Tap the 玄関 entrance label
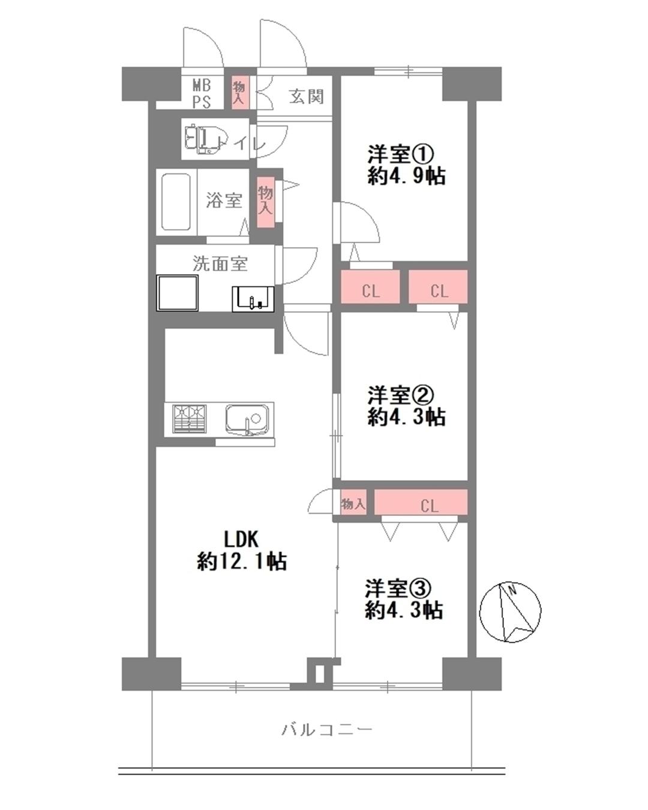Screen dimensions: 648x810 [307, 97]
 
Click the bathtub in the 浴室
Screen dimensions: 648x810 [175, 202]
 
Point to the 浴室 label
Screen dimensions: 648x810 [224, 200]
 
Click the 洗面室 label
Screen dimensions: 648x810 [220, 263]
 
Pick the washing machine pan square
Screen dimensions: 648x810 [178, 293]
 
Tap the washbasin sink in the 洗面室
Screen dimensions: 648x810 [253, 299]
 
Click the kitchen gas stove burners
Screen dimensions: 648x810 [190, 419]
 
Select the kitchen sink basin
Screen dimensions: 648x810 [248, 420]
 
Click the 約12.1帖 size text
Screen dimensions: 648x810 [242, 562]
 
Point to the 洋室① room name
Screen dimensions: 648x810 [401, 154]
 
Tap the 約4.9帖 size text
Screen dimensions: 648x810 [407, 176]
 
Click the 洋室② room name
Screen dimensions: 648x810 [401, 395]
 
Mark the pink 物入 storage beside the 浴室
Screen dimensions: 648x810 [265, 202]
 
